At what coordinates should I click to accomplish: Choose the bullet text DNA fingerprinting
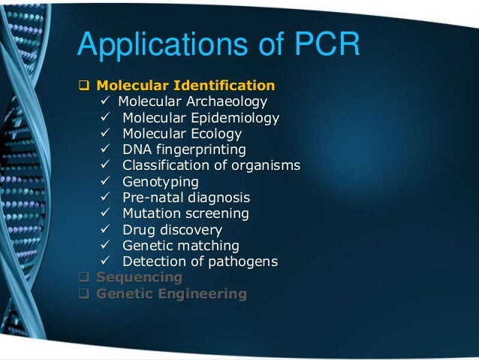tap(184, 150)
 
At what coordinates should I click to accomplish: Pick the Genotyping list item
tap(161, 182)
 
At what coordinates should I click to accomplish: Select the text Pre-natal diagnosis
tap(186, 198)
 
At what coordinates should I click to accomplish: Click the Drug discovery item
tap(172, 230)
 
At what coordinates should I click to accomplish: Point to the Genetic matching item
tap(181, 246)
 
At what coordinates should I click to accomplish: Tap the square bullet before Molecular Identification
tap(84, 85)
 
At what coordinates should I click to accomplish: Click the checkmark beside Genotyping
tap(107, 182)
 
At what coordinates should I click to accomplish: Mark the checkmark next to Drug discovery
tap(107, 230)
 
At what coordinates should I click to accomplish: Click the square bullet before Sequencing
tap(84, 278)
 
